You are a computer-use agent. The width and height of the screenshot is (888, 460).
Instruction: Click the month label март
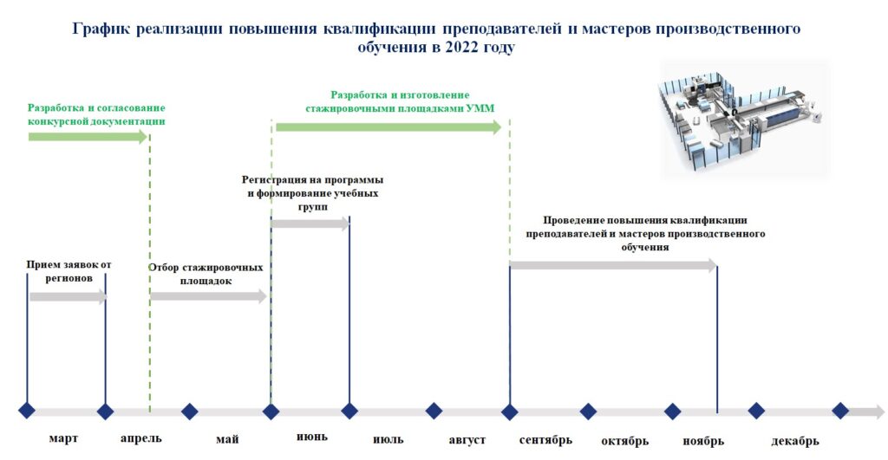[62, 438]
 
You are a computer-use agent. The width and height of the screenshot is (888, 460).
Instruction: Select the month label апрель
[141, 438]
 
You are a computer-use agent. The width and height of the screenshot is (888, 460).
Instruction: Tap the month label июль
[388, 439]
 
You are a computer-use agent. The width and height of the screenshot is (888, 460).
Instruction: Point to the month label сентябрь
[545, 440]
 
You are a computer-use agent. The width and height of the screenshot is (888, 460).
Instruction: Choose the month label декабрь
[794, 441]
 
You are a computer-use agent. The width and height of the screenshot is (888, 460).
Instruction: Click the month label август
[467, 439]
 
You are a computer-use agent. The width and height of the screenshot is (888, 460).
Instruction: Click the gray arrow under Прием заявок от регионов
[68, 296]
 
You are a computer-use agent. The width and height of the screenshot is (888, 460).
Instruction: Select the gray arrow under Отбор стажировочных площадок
[208, 296]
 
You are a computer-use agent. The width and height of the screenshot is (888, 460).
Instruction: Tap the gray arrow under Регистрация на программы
[310, 224]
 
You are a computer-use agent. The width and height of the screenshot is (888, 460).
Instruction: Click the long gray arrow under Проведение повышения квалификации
[613, 265]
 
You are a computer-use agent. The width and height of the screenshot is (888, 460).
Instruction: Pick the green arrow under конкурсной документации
[88, 136]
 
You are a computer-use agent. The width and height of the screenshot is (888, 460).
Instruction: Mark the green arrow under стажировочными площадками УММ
[388, 127]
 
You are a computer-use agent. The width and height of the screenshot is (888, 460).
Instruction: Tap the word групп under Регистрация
[312, 207]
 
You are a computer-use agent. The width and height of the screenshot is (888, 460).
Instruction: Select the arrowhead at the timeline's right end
[872, 411]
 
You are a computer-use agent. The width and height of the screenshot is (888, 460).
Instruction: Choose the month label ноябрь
[702, 441]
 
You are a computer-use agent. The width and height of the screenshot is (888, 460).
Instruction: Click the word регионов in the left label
[69, 278]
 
